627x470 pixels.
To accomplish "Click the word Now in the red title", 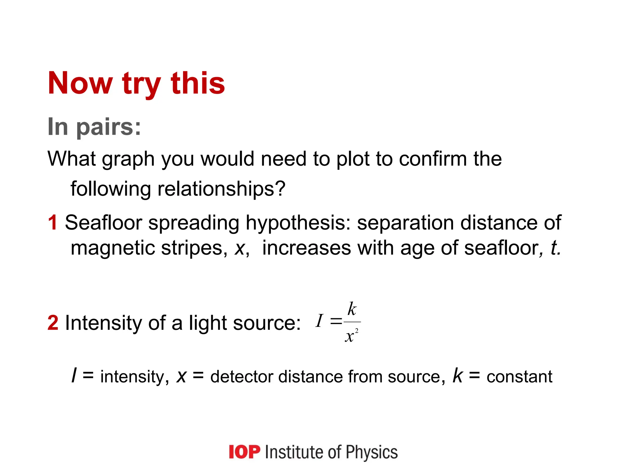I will point(80,83).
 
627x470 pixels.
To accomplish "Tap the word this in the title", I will point(198,83).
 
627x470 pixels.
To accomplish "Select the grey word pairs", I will point(108,127).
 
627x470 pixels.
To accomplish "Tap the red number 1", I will point(53,222).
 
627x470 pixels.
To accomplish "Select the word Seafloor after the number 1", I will point(103,222).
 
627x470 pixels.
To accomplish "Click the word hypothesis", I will point(298,222).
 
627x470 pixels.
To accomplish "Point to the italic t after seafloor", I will point(555,248).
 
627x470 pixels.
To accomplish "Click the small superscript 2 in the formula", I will point(357,330).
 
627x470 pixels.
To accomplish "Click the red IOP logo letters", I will point(244,452).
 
